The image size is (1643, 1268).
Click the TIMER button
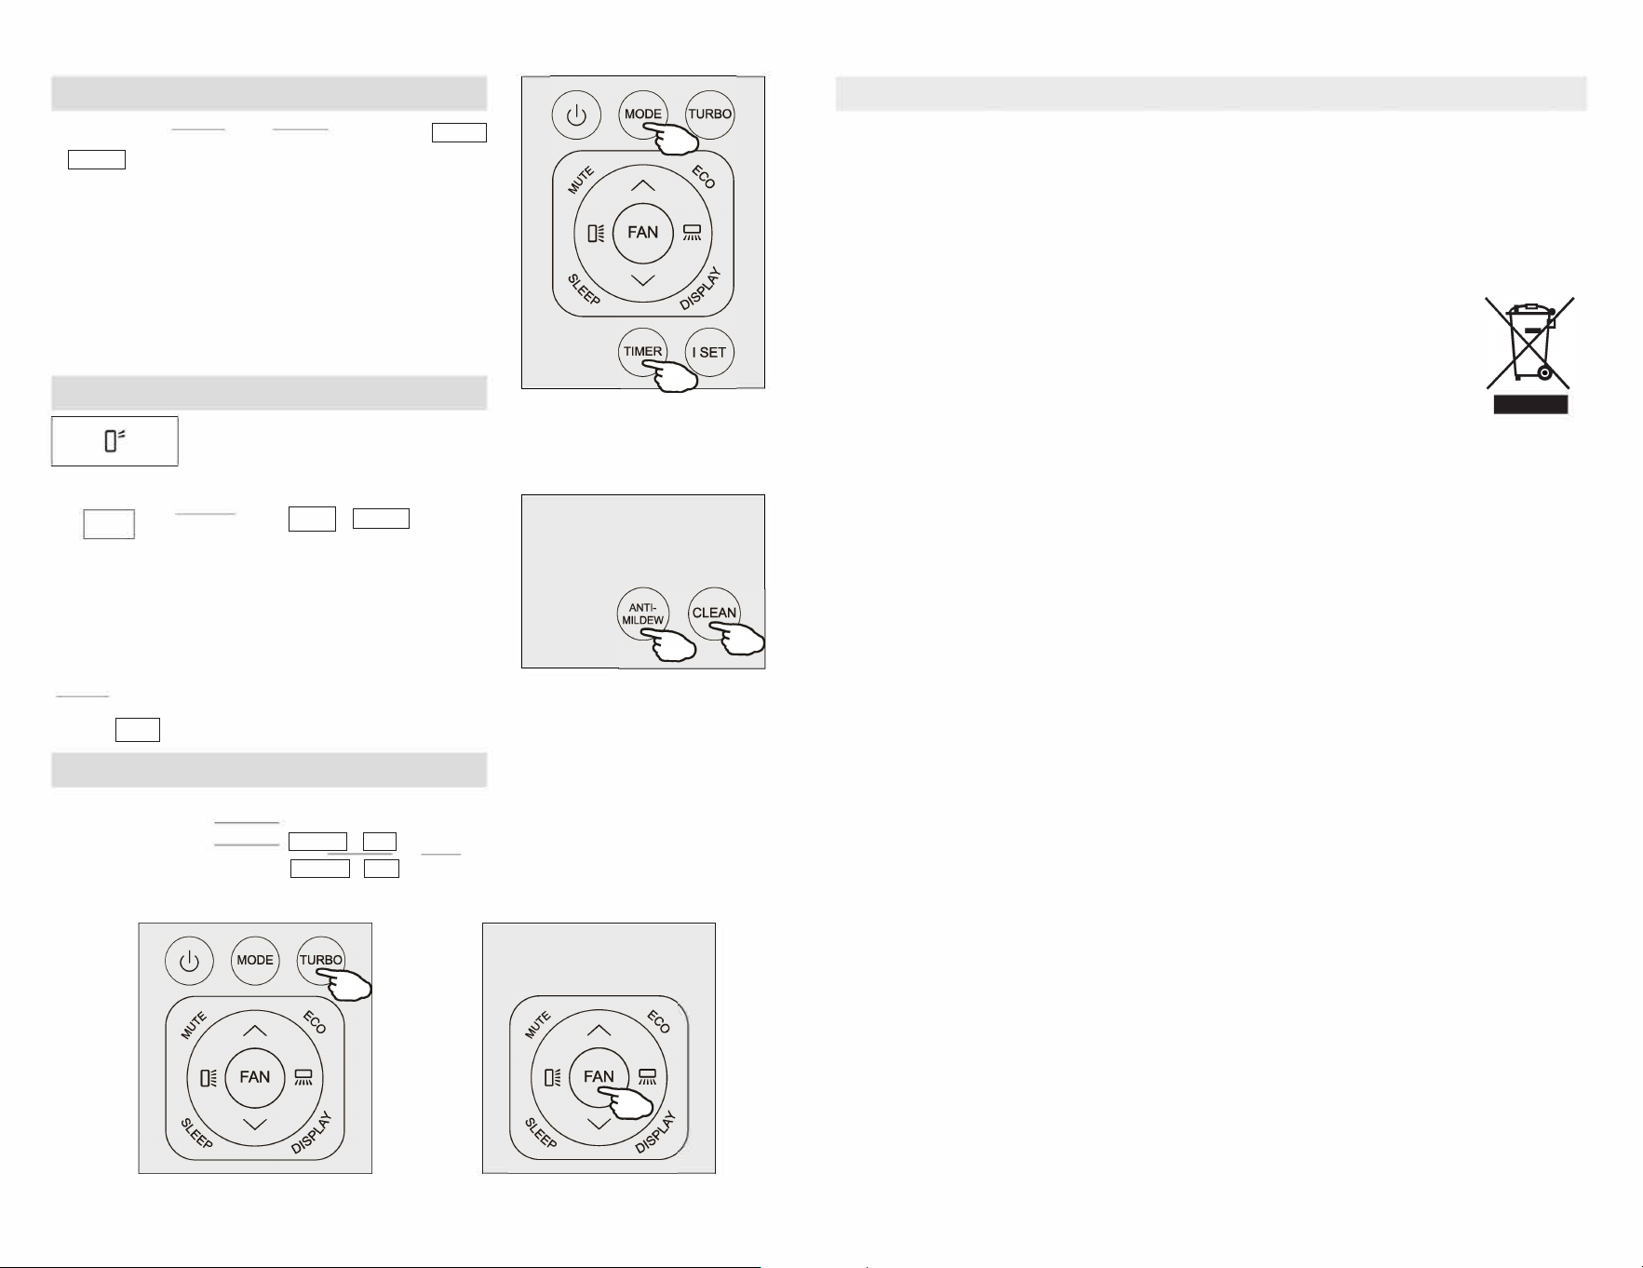tap(642, 352)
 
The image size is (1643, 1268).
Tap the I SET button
tap(709, 352)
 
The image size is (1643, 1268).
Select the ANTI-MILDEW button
tap(642, 614)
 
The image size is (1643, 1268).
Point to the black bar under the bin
tap(1530, 404)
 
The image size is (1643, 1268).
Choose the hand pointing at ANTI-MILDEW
tap(669, 644)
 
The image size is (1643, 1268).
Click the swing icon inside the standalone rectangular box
tap(114, 440)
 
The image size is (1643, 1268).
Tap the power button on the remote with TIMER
tap(576, 115)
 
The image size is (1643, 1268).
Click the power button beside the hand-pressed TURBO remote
tap(189, 961)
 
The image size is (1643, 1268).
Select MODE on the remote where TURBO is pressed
tap(255, 961)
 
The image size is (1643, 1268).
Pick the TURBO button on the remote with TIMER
tap(709, 115)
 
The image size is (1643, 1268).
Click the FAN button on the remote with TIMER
tap(642, 233)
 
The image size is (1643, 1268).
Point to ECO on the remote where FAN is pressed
tap(658, 1022)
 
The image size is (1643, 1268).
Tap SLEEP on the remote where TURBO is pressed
tap(196, 1133)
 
